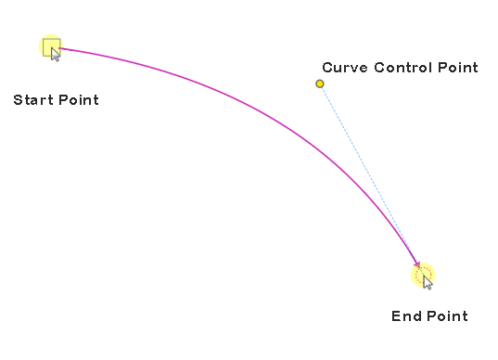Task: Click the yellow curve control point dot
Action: (x=320, y=84)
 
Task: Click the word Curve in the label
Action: (x=345, y=68)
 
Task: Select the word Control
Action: (x=403, y=68)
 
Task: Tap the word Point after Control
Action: (x=458, y=68)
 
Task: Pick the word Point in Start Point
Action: (x=79, y=100)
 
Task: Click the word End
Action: (x=406, y=316)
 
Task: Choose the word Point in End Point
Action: (x=448, y=316)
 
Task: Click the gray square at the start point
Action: (x=51, y=47)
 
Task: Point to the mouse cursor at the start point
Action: (x=55, y=54)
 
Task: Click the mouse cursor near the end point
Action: (x=428, y=282)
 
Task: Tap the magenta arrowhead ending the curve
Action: (x=417, y=264)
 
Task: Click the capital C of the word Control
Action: (x=379, y=68)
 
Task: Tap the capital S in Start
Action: (x=19, y=100)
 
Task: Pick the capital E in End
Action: (x=396, y=316)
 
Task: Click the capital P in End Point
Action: (x=432, y=316)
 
